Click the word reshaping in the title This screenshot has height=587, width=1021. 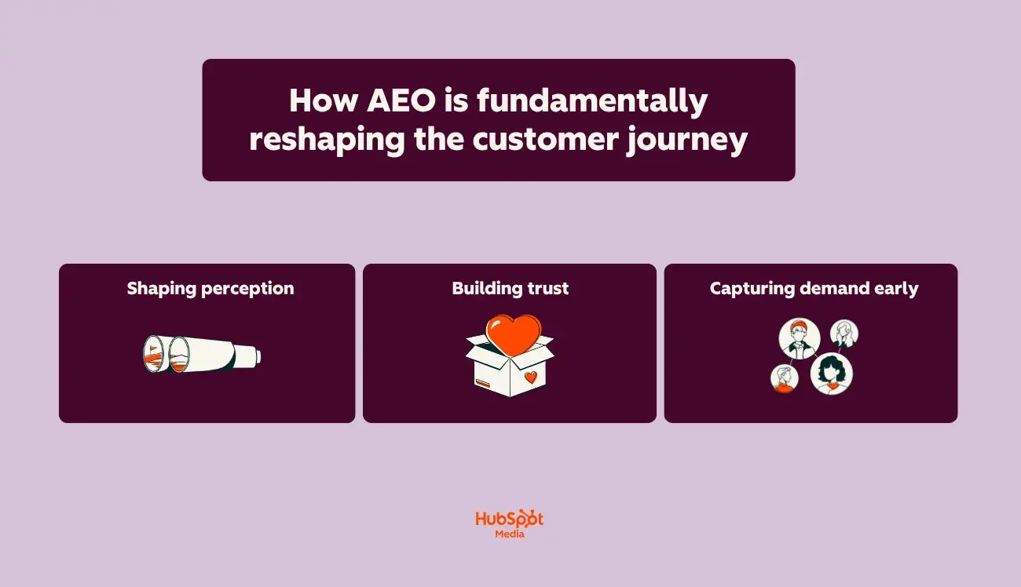click(325, 140)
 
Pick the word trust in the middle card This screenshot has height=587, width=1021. click(548, 289)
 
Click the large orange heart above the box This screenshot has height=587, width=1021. click(513, 333)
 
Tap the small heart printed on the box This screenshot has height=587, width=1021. click(530, 377)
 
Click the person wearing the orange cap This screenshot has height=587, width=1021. click(799, 338)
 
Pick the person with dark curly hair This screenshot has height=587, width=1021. click(831, 374)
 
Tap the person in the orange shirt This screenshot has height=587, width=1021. click(784, 378)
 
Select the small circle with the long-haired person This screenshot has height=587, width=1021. click(844, 333)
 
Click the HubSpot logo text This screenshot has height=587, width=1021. click(509, 520)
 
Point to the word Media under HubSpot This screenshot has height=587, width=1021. click(510, 534)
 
